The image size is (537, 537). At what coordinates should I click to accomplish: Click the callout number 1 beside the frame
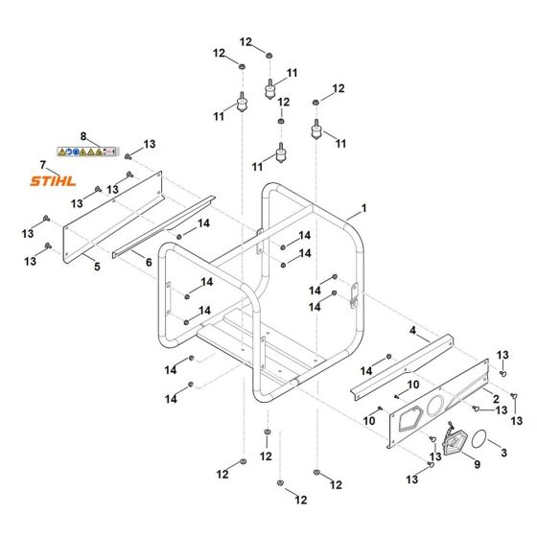[363, 208]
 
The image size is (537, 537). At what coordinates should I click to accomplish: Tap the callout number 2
[495, 396]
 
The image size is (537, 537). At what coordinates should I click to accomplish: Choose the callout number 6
[149, 261]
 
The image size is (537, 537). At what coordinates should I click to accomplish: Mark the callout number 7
[42, 164]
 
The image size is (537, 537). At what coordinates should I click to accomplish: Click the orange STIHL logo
[53, 180]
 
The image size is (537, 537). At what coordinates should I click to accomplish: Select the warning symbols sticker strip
[87, 152]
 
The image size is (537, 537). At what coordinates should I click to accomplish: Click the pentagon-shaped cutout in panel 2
[410, 417]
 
